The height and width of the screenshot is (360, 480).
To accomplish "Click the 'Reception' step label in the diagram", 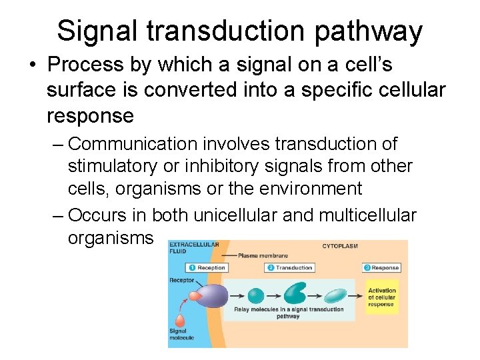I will pyautogui.click(x=207, y=268).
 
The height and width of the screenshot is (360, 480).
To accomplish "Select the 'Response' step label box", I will pyautogui.click(x=382, y=268).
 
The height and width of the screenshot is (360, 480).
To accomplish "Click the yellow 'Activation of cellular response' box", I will pyautogui.click(x=381, y=297).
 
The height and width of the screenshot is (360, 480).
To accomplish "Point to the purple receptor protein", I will pyautogui.click(x=213, y=295).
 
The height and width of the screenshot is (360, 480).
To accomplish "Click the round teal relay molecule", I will pyautogui.click(x=256, y=295).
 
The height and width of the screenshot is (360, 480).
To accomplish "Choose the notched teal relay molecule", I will pyautogui.click(x=295, y=294).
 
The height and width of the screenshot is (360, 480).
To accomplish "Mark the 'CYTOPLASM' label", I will pyautogui.click(x=339, y=246).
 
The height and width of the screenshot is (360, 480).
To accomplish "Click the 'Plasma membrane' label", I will pyautogui.click(x=263, y=255).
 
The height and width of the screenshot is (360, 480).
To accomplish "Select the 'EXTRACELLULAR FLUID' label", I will pyautogui.click(x=194, y=247).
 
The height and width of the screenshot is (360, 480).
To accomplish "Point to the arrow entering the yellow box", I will pyautogui.click(x=358, y=295).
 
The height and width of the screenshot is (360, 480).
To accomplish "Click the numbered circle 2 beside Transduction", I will pyautogui.click(x=271, y=268).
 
